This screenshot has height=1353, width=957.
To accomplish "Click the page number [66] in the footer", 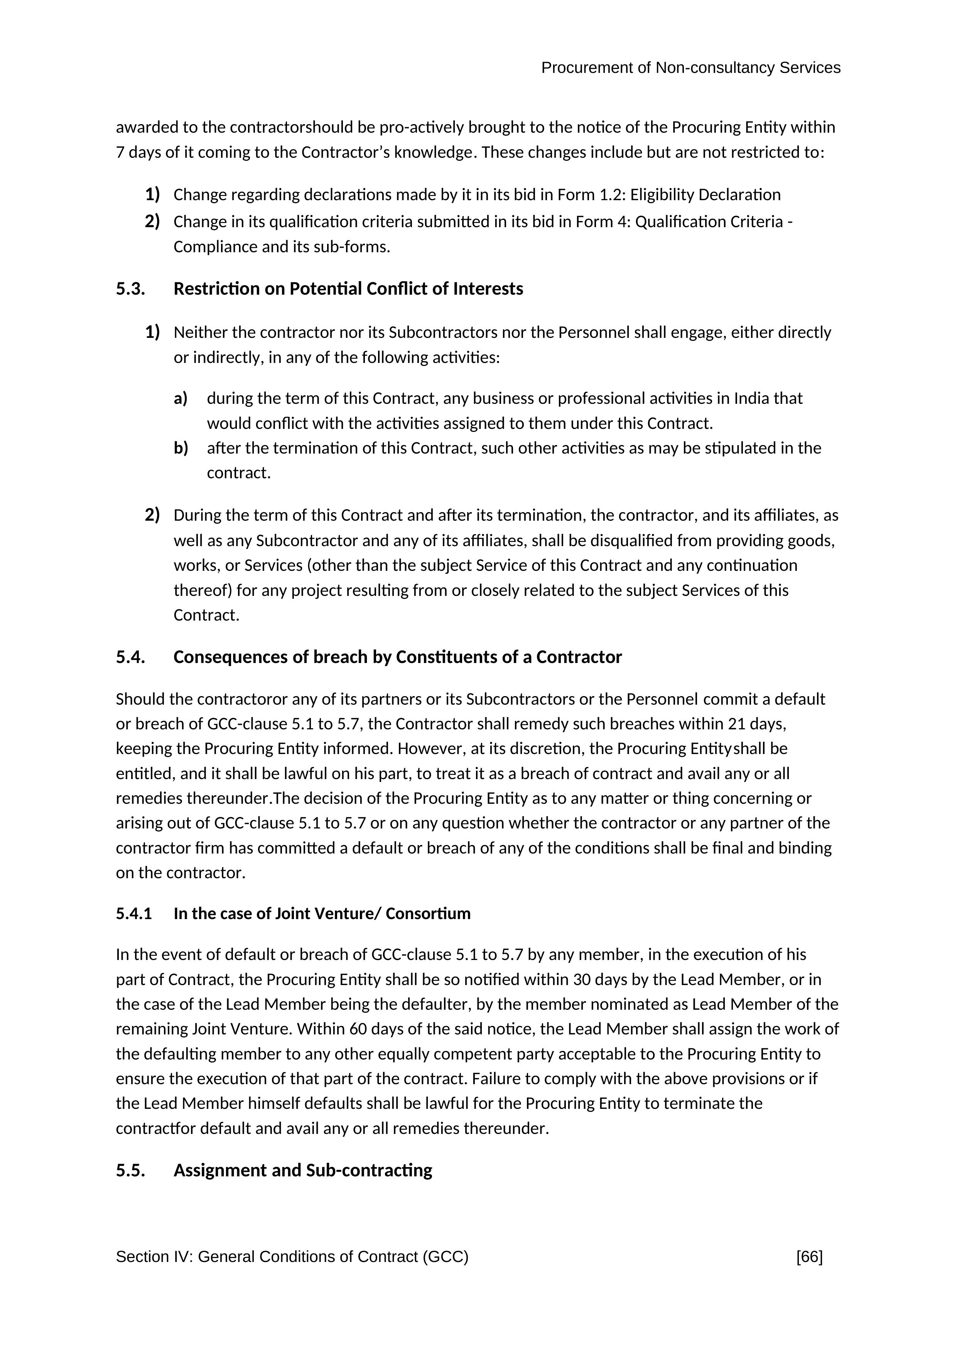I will (809, 1257).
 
